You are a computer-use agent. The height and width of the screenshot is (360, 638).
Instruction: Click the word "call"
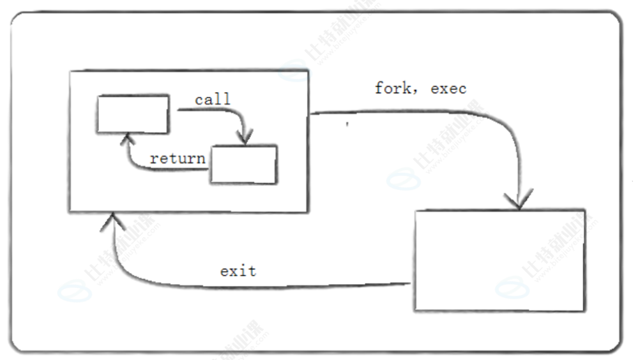pyautogui.click(x=213, y=100)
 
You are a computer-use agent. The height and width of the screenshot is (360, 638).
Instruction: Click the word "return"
pyautogui.click(x=178, y=158)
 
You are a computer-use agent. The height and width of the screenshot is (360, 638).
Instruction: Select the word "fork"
pyautogui.click(x=391, y=88)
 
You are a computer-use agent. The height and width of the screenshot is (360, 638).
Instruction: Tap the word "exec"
pyautogui.click(x=448, y=88)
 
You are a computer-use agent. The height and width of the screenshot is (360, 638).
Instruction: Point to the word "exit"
pyautogui.click(x=238, y=271)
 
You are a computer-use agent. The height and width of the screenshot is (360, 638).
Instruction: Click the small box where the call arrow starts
pyautogui.click(x=133, y=114)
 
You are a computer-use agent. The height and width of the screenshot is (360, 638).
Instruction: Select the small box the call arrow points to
pyautogui.click(x=244, y=164)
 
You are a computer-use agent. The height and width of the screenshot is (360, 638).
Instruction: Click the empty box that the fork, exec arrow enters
pyautogui.click(x=500, y=259)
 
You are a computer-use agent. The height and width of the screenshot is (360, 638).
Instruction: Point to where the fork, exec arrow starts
pyautogui.click(x=312, y=115)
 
